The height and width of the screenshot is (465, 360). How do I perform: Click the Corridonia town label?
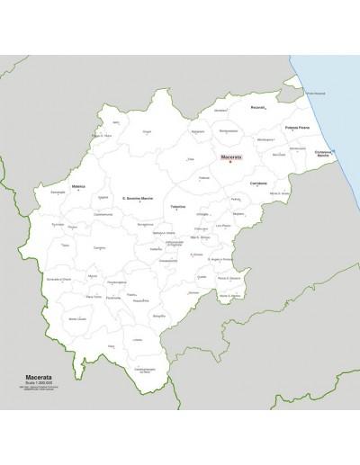coord(259,182)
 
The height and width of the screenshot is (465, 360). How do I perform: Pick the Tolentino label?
coord(178,206)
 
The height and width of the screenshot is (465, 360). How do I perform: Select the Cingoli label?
coord(147,131)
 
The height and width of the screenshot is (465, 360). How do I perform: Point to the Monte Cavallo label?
coord(79,317)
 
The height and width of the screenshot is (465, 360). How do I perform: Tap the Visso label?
coord(111,345)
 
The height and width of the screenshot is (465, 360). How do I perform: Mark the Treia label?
coord(191,159)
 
